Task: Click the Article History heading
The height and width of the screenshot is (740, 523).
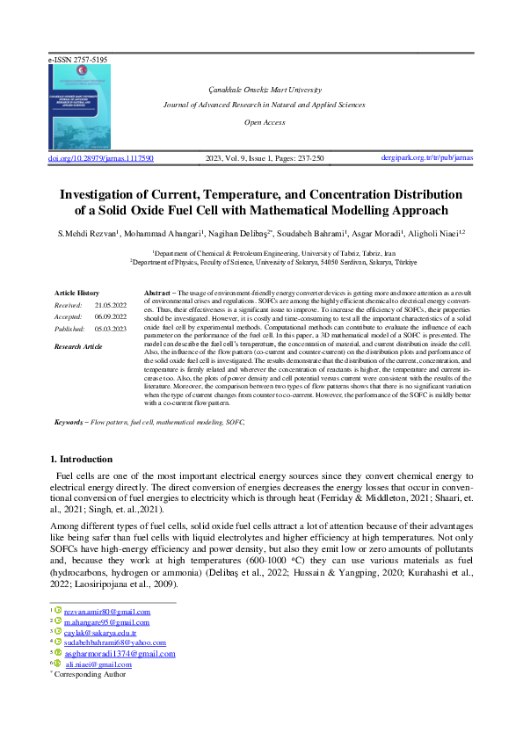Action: tap(77, 292)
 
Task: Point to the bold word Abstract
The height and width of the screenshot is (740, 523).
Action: tap(156, 291)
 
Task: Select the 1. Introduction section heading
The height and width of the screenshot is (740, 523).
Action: tap(81, 459)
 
